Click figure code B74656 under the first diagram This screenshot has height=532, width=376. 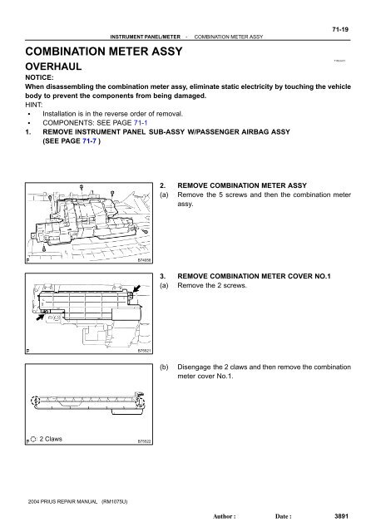point(144,261)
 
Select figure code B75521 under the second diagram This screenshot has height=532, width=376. point(144,351)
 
